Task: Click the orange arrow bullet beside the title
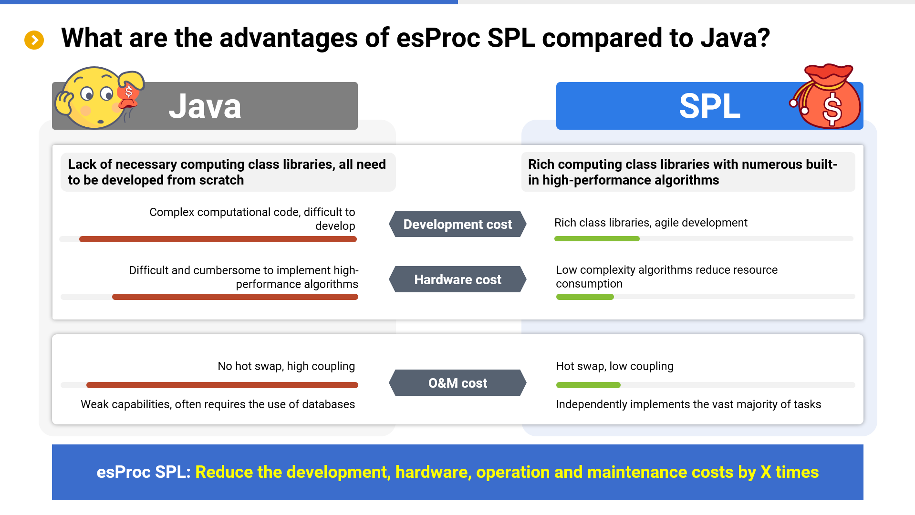[x=34, y=40]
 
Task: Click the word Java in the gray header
[x=205, y=106]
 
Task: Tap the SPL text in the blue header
[x=709, y=106]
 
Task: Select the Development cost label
[x=457, y=224]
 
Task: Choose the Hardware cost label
[x=457, y=279]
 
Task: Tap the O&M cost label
[x=457, y=383]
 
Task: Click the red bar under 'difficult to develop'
[x=218, y=239]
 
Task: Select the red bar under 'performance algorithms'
[x=235, y=297]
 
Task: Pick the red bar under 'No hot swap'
[x=222, y=385]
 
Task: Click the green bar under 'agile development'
[x=596, y=238]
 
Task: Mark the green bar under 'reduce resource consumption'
[x=585, y=297]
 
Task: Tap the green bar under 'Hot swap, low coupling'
[x=588, y=385]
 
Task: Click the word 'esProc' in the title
[x=438, y=38]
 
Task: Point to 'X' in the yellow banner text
[x=765, y=472]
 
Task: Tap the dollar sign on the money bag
[x=832, y=109]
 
